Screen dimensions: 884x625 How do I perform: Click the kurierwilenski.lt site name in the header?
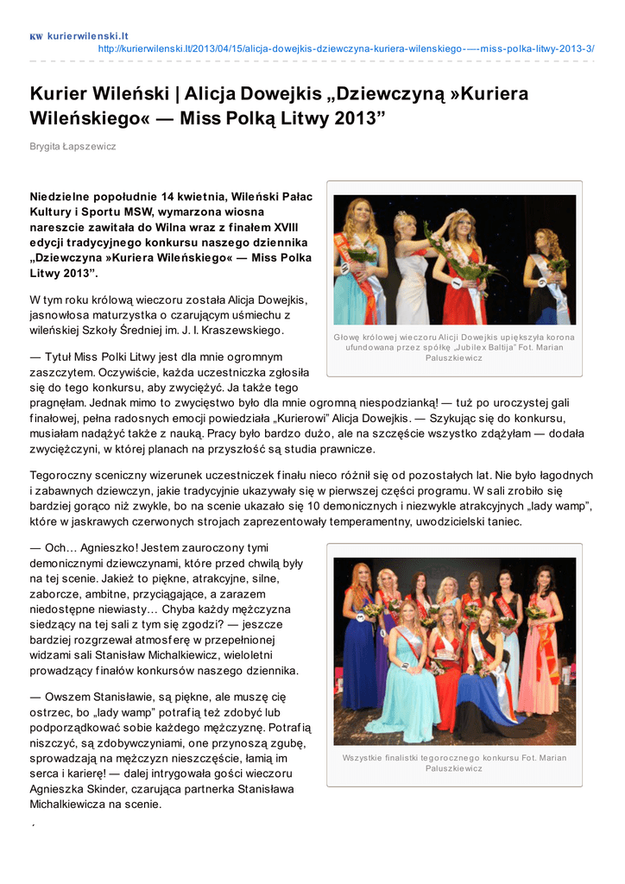tap(87, 35)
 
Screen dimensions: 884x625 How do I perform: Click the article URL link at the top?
tap(346, 48)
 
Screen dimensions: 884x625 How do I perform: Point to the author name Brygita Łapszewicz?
tap(73, 147)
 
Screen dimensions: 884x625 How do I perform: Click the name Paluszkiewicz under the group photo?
tap(454, 768)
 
